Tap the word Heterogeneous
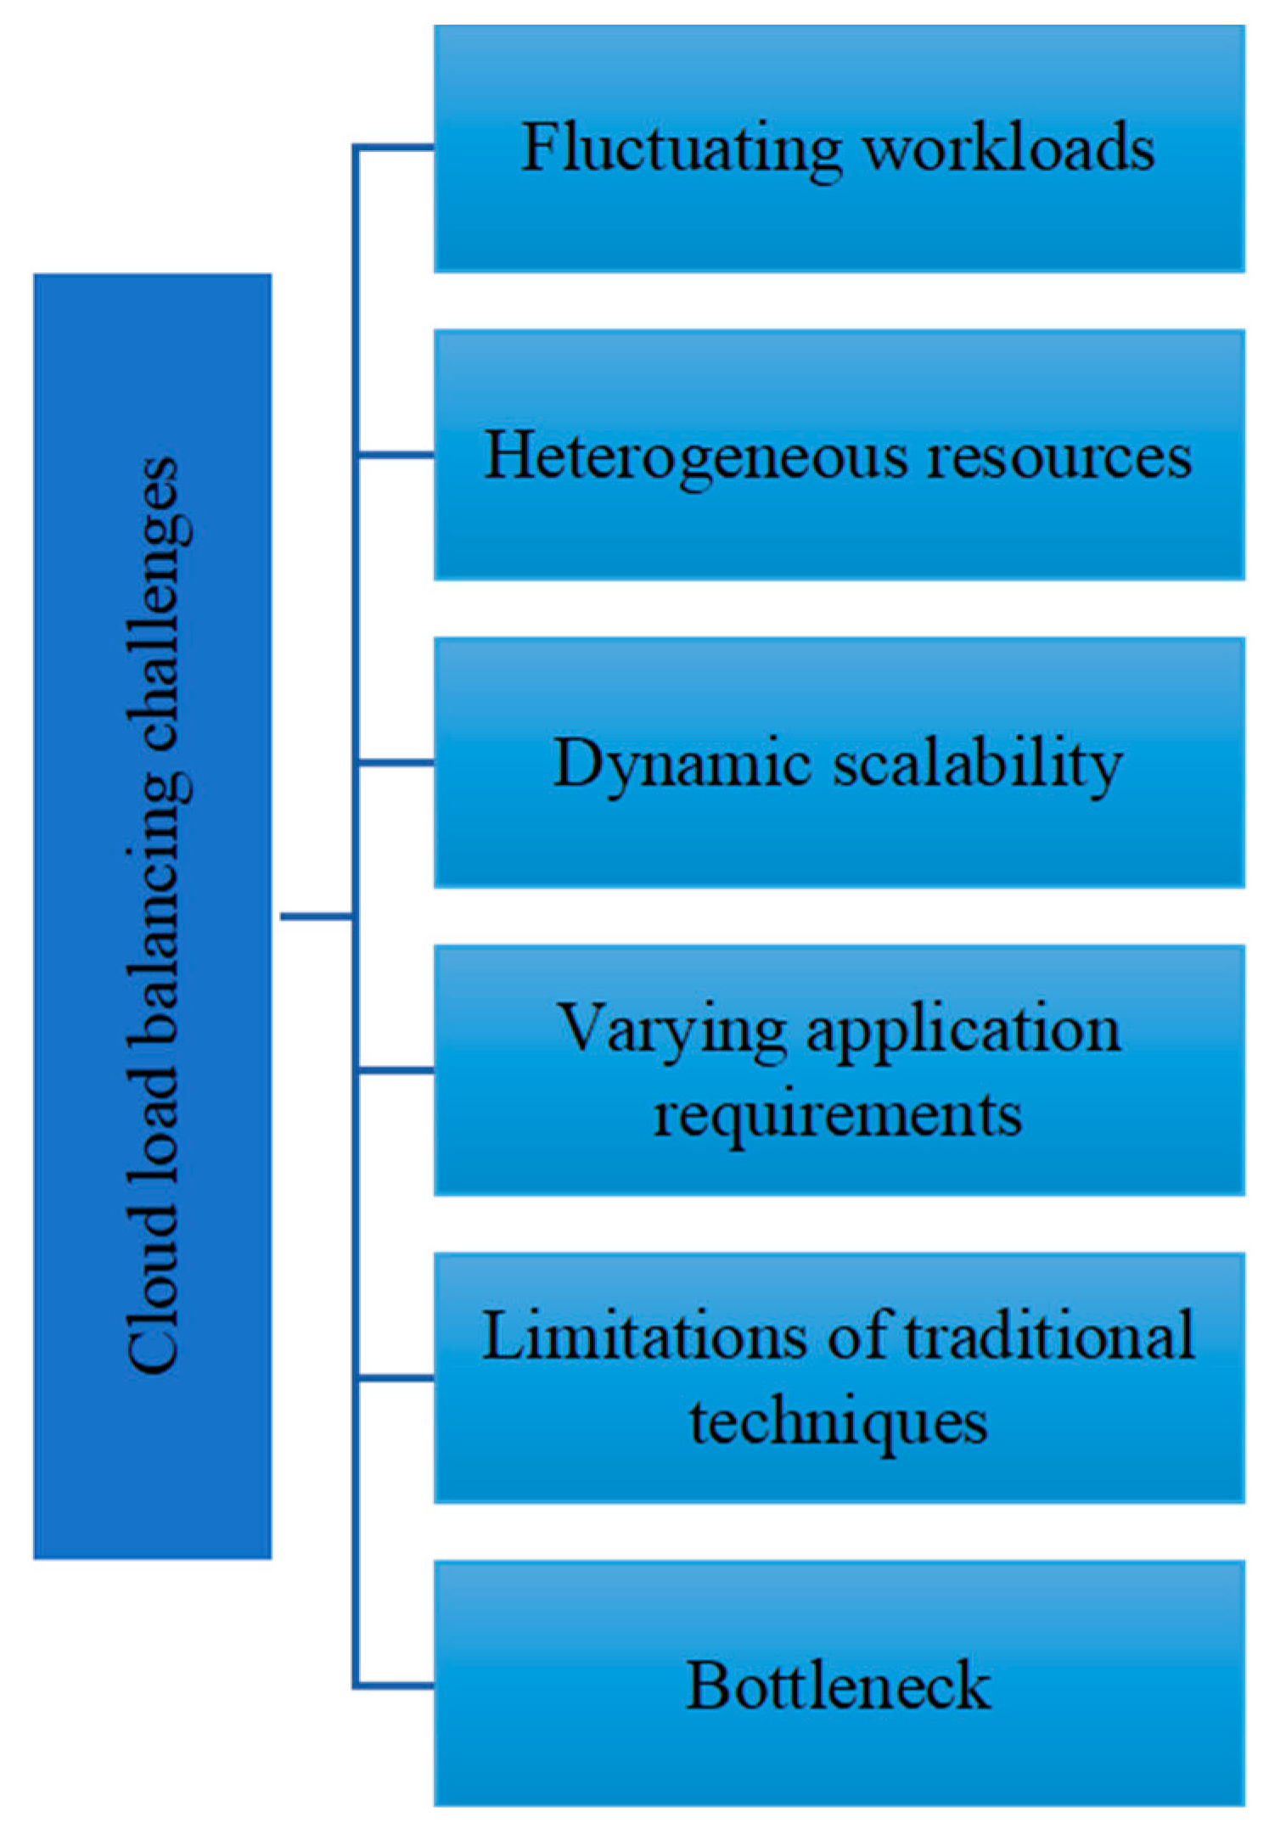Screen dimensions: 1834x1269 696,457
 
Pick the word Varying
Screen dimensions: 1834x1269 671,1029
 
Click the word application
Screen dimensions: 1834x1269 963,1029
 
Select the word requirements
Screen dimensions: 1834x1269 837,1114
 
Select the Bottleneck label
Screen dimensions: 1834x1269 837,1685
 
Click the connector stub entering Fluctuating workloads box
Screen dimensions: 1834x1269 395,148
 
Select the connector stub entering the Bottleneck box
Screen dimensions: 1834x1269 395,1685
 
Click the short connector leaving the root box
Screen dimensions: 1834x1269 316,916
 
